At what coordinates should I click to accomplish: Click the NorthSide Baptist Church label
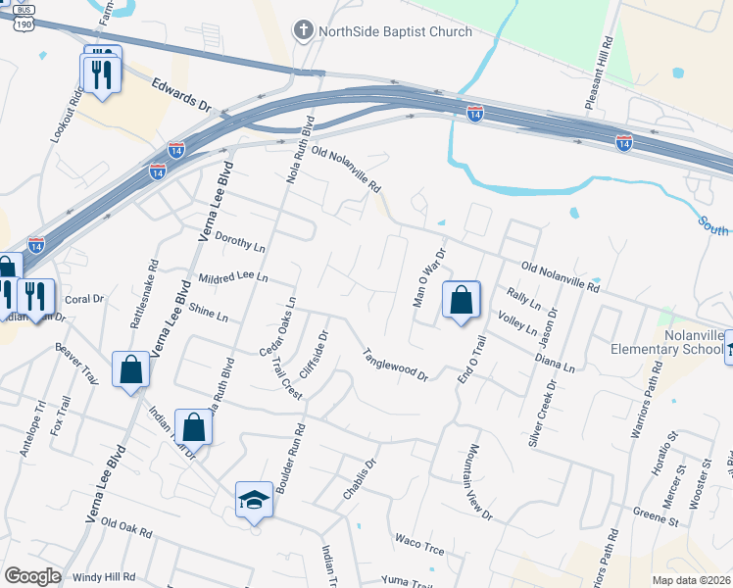tap(396, 31)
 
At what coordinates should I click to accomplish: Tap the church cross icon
tap(304, 31)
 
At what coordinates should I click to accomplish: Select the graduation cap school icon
tap(254, 499)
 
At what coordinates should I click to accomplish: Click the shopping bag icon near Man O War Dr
tap(461, 299)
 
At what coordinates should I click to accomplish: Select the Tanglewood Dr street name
tap(396, 365)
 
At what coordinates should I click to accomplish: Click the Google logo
tap(32, 576)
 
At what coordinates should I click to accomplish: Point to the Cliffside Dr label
tap(313, 357)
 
